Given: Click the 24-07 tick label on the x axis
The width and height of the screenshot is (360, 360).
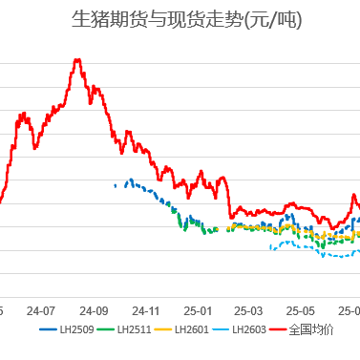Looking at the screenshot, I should click(x=41, y=310).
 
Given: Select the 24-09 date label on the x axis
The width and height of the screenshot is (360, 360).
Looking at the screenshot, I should click(x=94, y=310).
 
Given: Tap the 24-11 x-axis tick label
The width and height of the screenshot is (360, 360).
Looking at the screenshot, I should click(x=145, y=310).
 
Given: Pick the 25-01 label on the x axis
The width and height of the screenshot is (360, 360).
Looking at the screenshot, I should click(x=198, y=310).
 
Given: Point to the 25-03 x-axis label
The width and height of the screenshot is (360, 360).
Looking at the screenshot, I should click(x=248, y=310).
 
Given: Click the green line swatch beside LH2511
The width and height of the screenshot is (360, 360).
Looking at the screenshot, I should click(x=106, y=330).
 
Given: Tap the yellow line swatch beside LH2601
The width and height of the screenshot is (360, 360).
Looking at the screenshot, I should click(x=162, y=330).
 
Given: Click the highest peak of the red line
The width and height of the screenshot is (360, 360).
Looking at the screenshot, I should click(x=77, y=60).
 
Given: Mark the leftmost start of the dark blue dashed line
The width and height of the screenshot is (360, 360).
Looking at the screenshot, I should click(x=115, y=184).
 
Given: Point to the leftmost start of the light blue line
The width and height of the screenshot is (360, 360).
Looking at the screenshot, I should click(x=271, y=248).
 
